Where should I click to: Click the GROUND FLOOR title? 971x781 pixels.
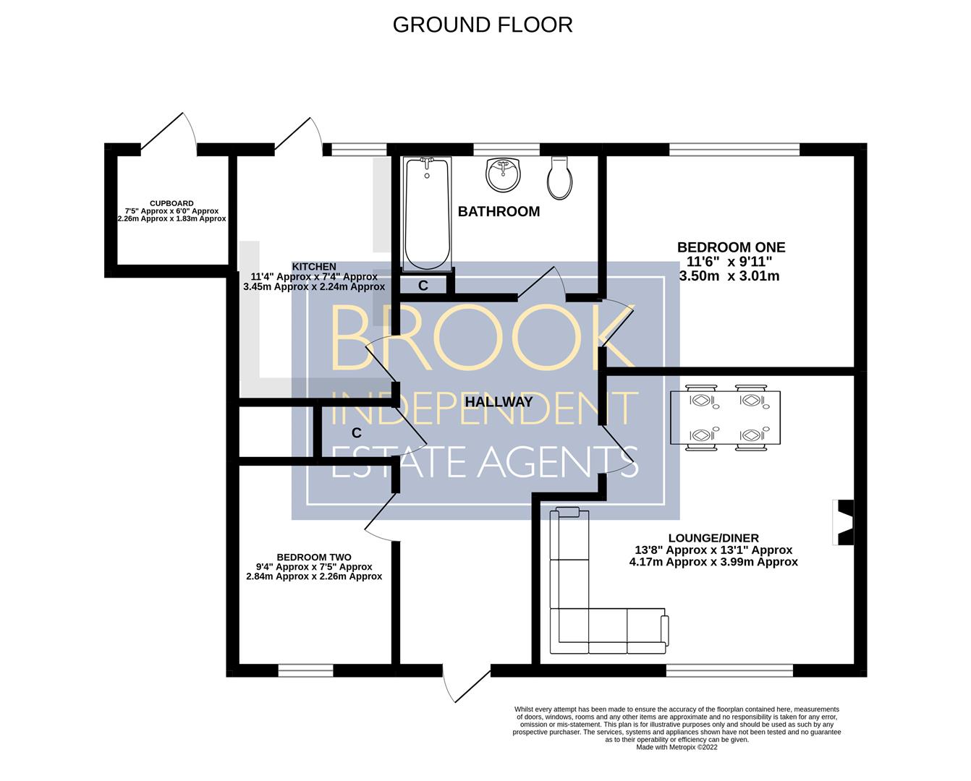483,25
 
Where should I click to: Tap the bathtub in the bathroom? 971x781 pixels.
427,214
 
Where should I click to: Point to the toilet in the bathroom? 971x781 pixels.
560,178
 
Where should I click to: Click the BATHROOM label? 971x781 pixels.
499,211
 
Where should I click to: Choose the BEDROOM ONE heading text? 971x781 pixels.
731,247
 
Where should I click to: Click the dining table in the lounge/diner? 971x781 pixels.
725,418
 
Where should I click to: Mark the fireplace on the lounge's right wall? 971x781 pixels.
843,523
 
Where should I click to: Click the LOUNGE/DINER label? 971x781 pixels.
713,538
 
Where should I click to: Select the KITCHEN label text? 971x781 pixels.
314,267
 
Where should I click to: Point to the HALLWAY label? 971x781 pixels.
499,402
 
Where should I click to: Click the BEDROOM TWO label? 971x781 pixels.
314,558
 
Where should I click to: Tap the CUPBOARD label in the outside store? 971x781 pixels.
171,203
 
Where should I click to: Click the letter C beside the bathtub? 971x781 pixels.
423,286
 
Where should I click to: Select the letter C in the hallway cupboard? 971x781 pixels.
357,433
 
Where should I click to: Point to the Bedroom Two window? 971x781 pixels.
305,671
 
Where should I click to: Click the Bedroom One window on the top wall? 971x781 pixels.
734,149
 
